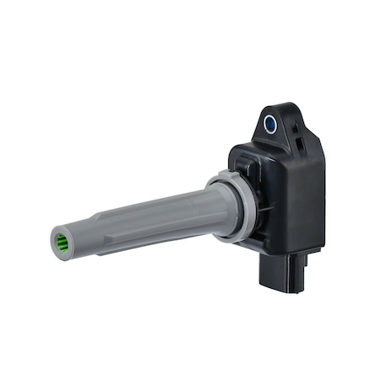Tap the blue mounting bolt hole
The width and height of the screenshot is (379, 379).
[271, 125]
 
